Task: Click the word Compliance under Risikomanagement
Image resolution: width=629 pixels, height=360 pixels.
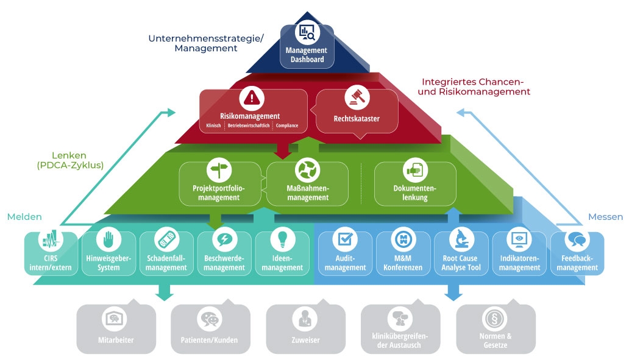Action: click(287, 125)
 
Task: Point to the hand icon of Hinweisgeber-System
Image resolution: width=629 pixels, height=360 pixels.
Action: click(108, 239)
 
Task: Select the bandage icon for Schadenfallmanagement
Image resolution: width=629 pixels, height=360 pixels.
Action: click(166, 239)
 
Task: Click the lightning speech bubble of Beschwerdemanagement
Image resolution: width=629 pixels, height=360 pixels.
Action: click(224, 239)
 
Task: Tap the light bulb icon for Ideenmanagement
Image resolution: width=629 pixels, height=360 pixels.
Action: click(282, 238)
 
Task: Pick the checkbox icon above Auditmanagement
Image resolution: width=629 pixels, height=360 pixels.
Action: click(345, 239)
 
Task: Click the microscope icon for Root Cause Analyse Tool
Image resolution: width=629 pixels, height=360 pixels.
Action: click(461, 239)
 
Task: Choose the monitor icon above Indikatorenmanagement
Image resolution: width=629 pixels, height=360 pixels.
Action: click(519, 239)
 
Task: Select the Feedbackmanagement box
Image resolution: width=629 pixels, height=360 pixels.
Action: click(577, 253)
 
